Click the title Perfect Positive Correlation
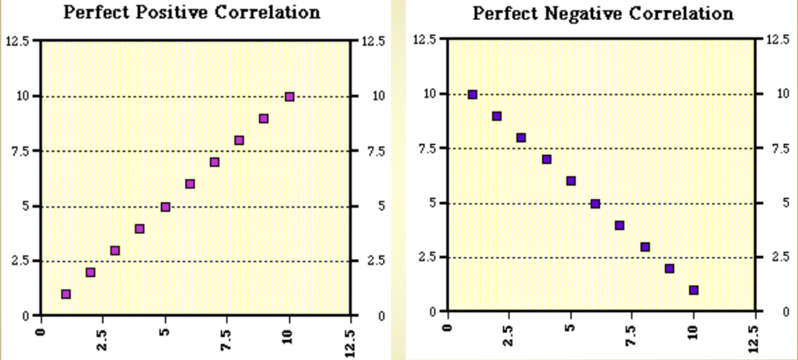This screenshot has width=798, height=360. tap(192, 13)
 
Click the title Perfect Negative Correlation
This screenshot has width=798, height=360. tap(602, 13)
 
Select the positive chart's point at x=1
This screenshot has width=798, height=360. tap(66, 294)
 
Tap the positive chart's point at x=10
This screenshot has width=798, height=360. tap(290, 96)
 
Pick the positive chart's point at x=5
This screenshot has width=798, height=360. tap(166, 206)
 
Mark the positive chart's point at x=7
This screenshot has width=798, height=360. tap(215, 162)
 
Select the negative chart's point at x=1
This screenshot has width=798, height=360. tap(472, 94)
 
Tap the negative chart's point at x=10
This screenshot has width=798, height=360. tap(693, 290)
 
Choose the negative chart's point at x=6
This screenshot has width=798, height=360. tap(595, 203)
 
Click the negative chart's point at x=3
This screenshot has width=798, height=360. tap(521, 138)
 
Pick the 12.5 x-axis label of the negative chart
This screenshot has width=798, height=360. tap(756, 336)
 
